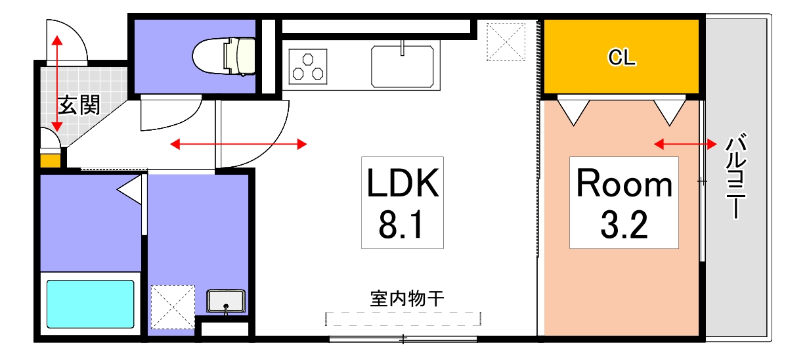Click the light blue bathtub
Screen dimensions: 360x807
[x=91, y=304]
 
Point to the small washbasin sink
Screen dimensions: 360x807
[x=226, y=302]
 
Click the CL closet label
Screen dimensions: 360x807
[x=621, y=58]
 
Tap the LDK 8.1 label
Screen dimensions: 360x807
[x=402, y=202]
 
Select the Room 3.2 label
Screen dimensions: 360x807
[x=624, y=202]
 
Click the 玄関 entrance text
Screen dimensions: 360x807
[x=79, y=105]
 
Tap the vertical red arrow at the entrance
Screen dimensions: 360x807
[x=57, y=82]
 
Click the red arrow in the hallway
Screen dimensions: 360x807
[x=238, y=144]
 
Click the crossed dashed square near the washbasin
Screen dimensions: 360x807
[x=173, y=306]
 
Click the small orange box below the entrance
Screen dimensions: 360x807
[x=49, y=160]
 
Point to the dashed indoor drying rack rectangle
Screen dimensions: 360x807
[x=403, y=319]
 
